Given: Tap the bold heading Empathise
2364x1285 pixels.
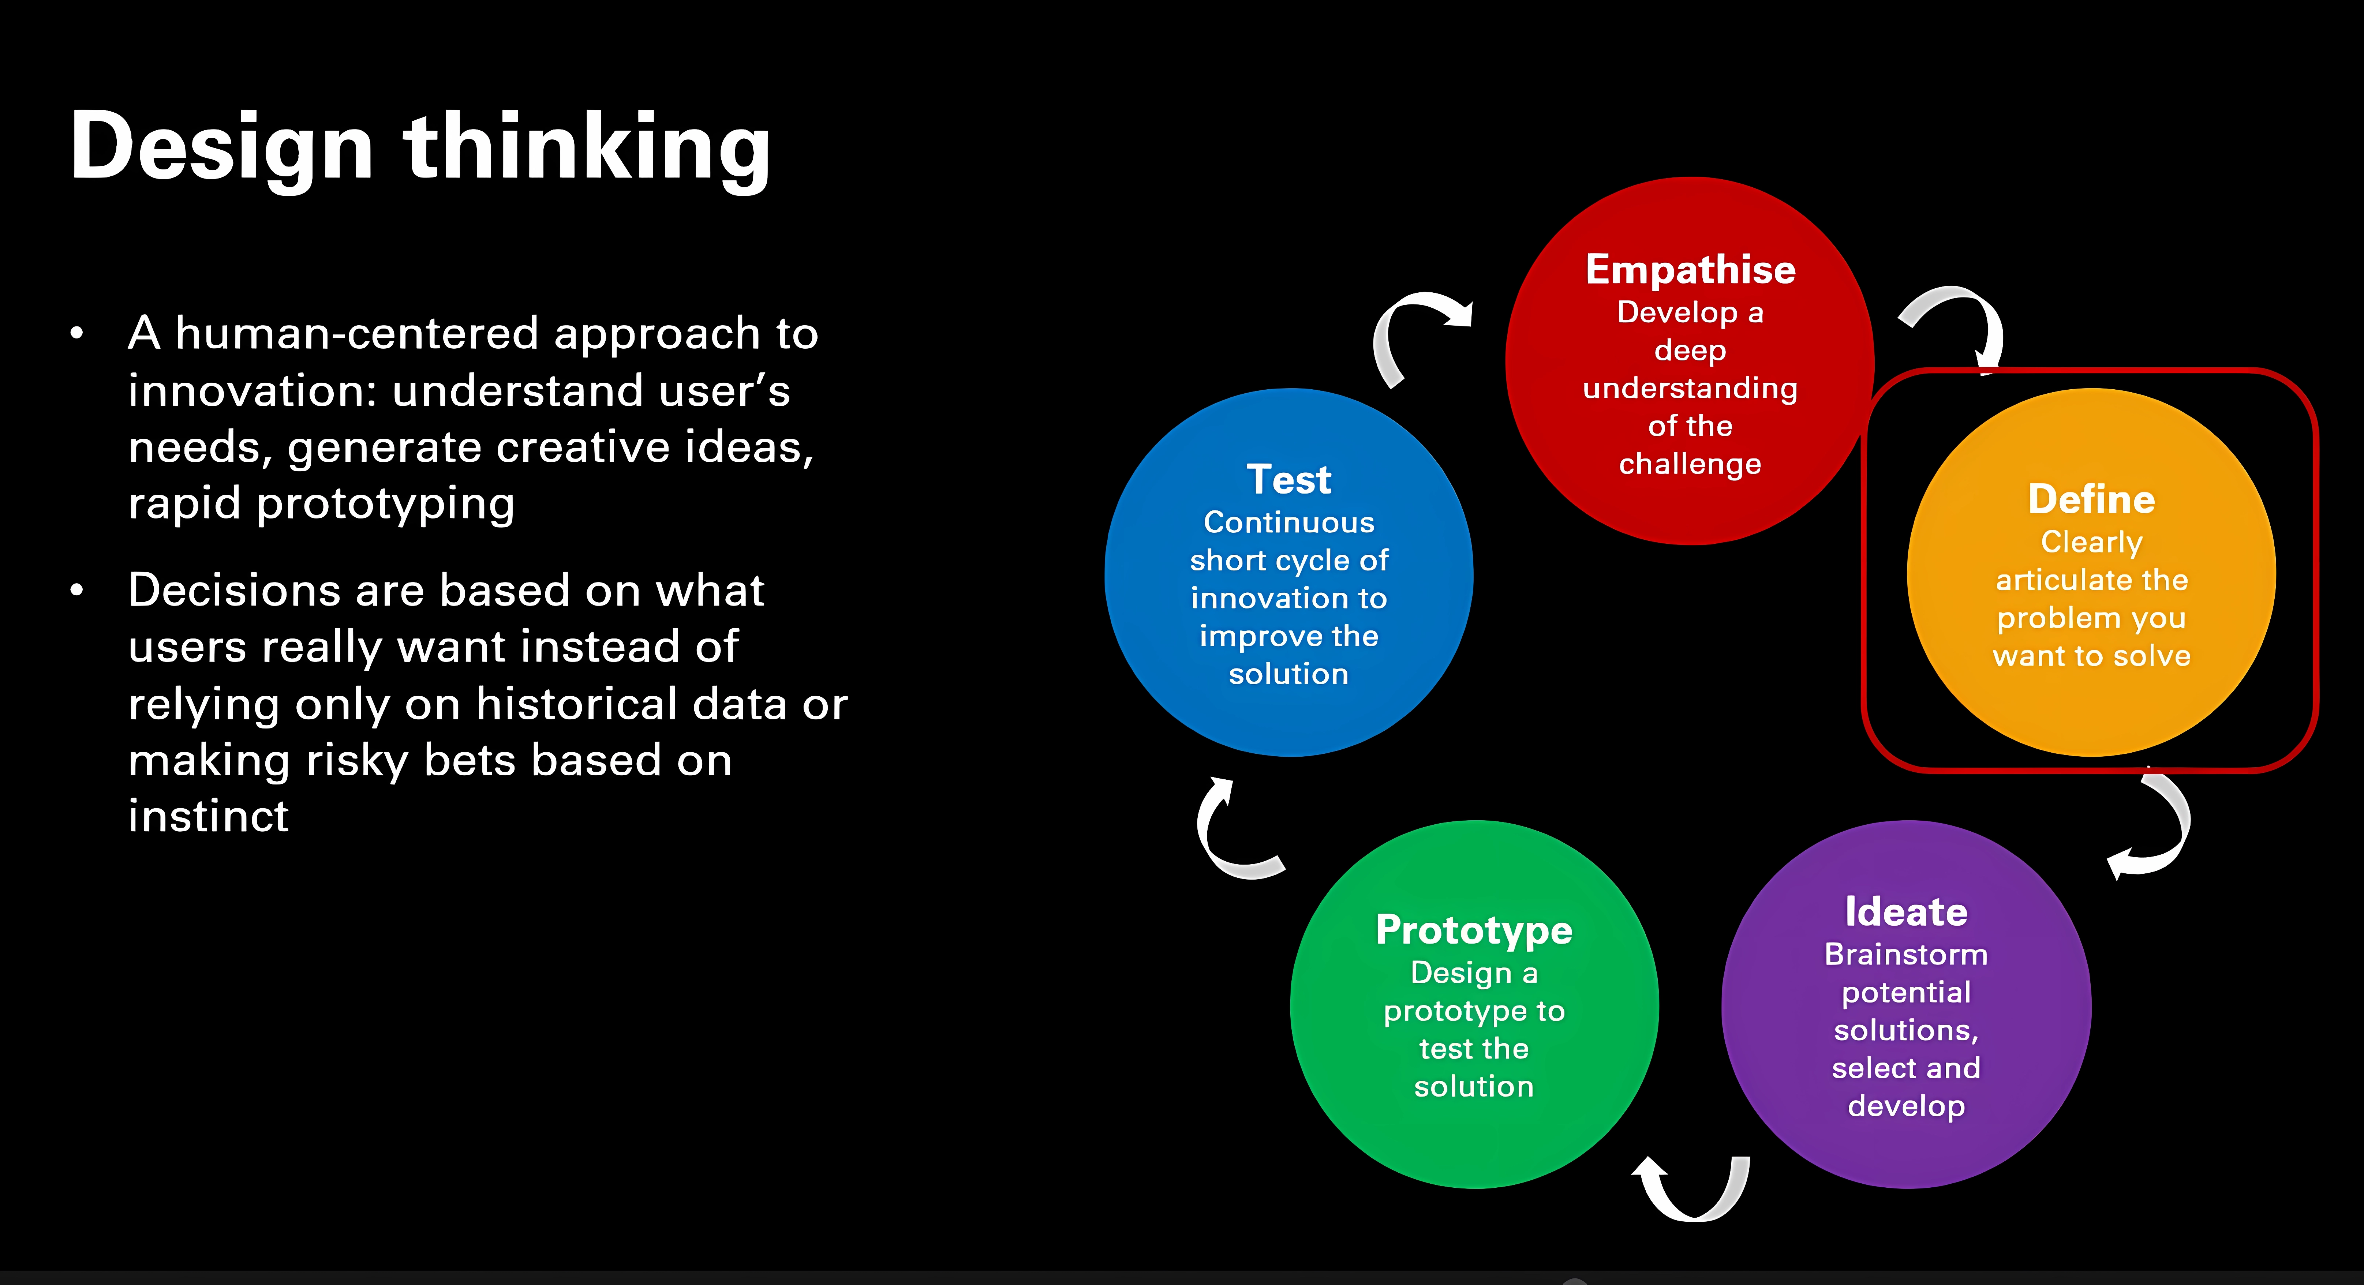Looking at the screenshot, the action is pyautogui.click(x=1690, y=270).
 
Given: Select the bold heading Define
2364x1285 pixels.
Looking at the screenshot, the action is pyautogui.click(x=2091, y=499).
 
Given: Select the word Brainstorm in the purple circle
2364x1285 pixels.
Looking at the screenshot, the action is pyautogui.click(x=1906, y=955).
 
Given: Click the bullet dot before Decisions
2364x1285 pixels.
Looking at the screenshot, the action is pyautogui.click(x=77, y=590).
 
